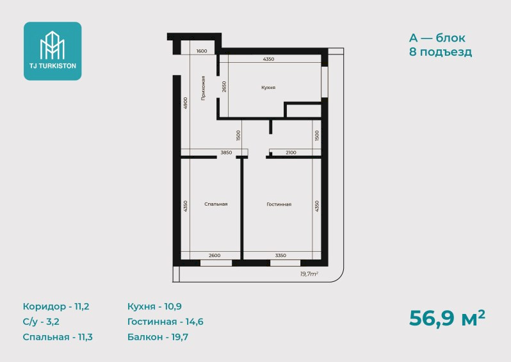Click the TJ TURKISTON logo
pos(53,51)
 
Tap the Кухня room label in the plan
pos(268,87)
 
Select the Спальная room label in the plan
pos(216,204)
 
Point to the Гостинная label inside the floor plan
pos(279,204)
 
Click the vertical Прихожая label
pos(203,88)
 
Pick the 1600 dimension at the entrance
pos(202,51)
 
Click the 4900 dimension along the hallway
pos(185,103)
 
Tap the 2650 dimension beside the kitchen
pos(224,86)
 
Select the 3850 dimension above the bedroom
pos(226,152)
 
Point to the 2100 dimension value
pos(291,152)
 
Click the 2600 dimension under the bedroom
pos(215,256)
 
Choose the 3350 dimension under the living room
pos(280,256)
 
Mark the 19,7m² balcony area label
pos(309,274)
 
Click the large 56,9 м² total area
pos(447,318)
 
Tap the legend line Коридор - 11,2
pos(56,306)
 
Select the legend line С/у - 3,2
pos(41,322)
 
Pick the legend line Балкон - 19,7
pos(158,337)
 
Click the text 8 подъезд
pos(441,52)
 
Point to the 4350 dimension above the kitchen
pos(268,59)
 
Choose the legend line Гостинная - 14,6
pos(165,322)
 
